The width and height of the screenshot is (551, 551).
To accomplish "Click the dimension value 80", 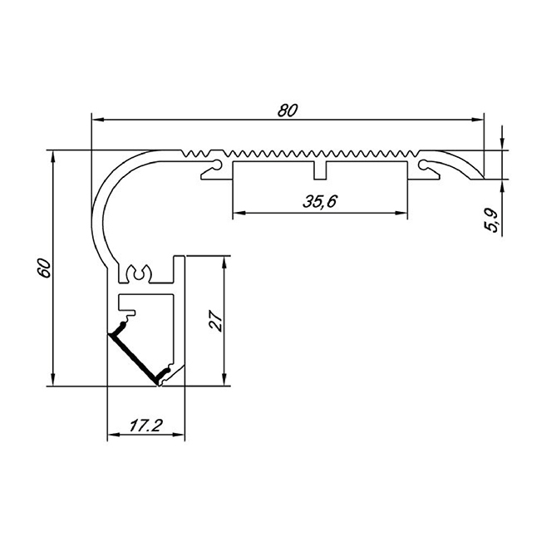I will (x=288, y=109).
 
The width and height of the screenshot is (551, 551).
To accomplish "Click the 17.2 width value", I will (x=145, y=426).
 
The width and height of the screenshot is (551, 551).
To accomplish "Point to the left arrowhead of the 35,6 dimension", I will (x=237, y=213).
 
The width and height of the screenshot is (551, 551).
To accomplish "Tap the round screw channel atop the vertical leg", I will (x=138, y=271).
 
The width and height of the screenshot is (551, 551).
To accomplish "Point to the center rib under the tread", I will (x=320, y=170).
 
